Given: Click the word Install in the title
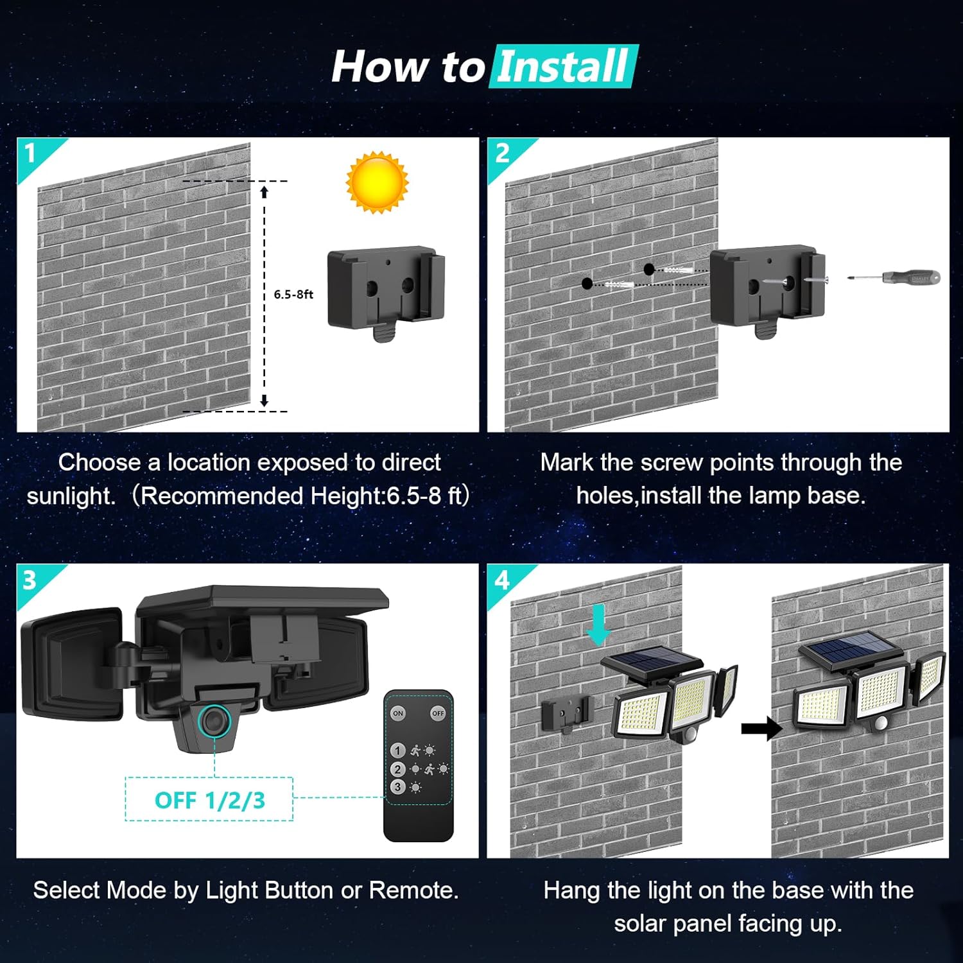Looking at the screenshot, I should (563, 66).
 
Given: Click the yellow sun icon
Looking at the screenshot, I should (377, 182).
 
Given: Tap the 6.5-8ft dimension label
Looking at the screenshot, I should (293, 294).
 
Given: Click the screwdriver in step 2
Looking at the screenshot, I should (895, 278).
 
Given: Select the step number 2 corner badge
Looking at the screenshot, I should (503, 154).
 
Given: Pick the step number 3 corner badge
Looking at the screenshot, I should (30, 580).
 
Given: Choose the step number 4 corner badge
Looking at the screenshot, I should (502, 580).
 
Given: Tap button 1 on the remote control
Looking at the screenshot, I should (398, 750).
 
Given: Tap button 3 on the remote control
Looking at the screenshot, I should (398, 786).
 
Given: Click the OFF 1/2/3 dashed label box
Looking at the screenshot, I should (209, 800).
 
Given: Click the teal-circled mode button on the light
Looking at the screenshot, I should (214, 720).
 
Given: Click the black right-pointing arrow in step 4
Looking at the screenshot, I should (761, 729).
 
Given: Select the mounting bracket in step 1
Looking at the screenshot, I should (385, 292).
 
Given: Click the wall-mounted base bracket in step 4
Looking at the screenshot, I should (565, 713).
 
